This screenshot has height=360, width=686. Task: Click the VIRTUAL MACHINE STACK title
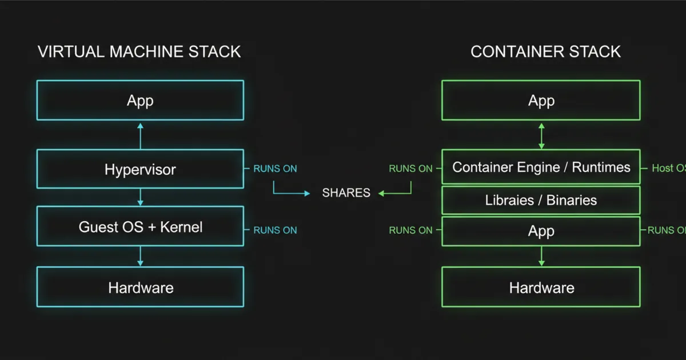click(139, 51)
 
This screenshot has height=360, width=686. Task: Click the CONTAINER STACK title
click(545, 51)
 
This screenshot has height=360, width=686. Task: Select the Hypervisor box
click(140, 169)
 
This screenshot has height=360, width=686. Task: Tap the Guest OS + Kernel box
click(140, 227)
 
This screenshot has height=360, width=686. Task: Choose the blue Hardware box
click(140, 287)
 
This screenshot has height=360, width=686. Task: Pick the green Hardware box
click(541, 287)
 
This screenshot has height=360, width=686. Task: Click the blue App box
click(140, 101)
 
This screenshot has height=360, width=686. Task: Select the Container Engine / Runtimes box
click(541, 167)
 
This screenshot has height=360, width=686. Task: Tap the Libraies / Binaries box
click(541, 201)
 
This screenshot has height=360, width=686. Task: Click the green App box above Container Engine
click(541, 101)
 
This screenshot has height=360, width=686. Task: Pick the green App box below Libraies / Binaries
click(541, 231)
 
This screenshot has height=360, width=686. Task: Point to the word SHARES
click(346, 193)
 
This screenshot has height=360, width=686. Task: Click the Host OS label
click(668, 169)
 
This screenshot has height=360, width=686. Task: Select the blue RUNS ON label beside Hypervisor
click(275, 169)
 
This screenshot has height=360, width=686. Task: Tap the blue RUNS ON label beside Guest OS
click(275, 230)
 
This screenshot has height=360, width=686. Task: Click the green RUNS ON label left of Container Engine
click(410, 169)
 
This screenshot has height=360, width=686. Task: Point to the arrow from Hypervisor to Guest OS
click(140, 197)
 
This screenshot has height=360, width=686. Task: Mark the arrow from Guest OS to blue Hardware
click(140, 256)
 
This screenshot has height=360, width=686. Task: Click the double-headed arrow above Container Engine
click(541, 135)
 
